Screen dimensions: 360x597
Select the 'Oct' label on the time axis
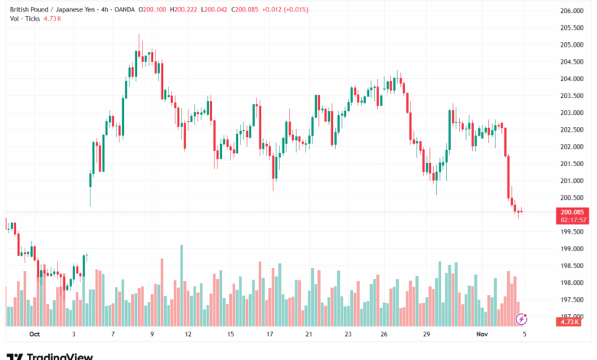(x=34, y=335)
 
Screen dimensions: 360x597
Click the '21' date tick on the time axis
(x=308, y=335)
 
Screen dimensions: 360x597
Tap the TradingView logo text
(x=59, y=355)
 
